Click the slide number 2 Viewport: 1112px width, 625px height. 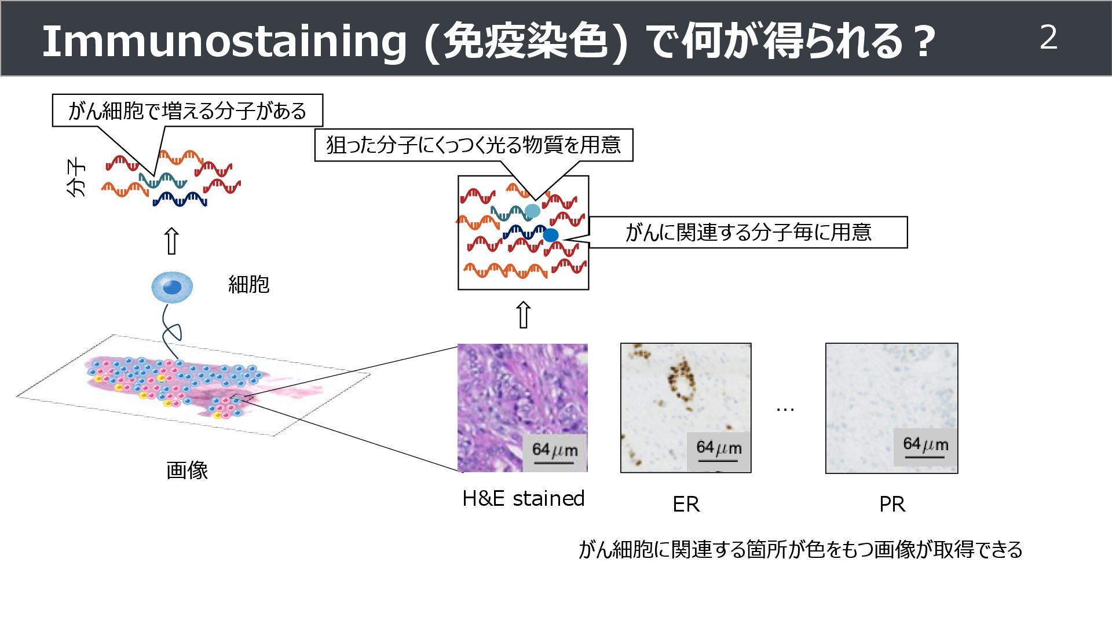coord(1048,38)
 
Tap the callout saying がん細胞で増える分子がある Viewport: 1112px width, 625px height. coord(187,111)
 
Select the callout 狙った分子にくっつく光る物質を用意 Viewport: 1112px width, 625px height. coord(473,145)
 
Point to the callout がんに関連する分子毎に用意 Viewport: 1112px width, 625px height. coord(748,232)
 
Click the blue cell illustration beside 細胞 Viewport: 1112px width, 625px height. coord(172,286)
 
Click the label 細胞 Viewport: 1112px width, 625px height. coord(248,284)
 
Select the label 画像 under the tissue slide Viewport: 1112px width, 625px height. coord(186,470)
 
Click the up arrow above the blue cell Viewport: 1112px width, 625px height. coord(171,241)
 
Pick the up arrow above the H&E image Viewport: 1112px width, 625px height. coord(523,315)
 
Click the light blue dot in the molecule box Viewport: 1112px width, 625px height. coord(532,211)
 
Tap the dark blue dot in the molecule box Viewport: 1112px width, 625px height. coord(550,235)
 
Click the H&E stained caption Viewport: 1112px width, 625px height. coord(523,498)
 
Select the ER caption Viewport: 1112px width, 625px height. coord(686,504)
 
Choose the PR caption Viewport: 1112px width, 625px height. coord(891,504)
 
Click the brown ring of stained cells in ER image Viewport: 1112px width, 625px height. coord(682,381)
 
